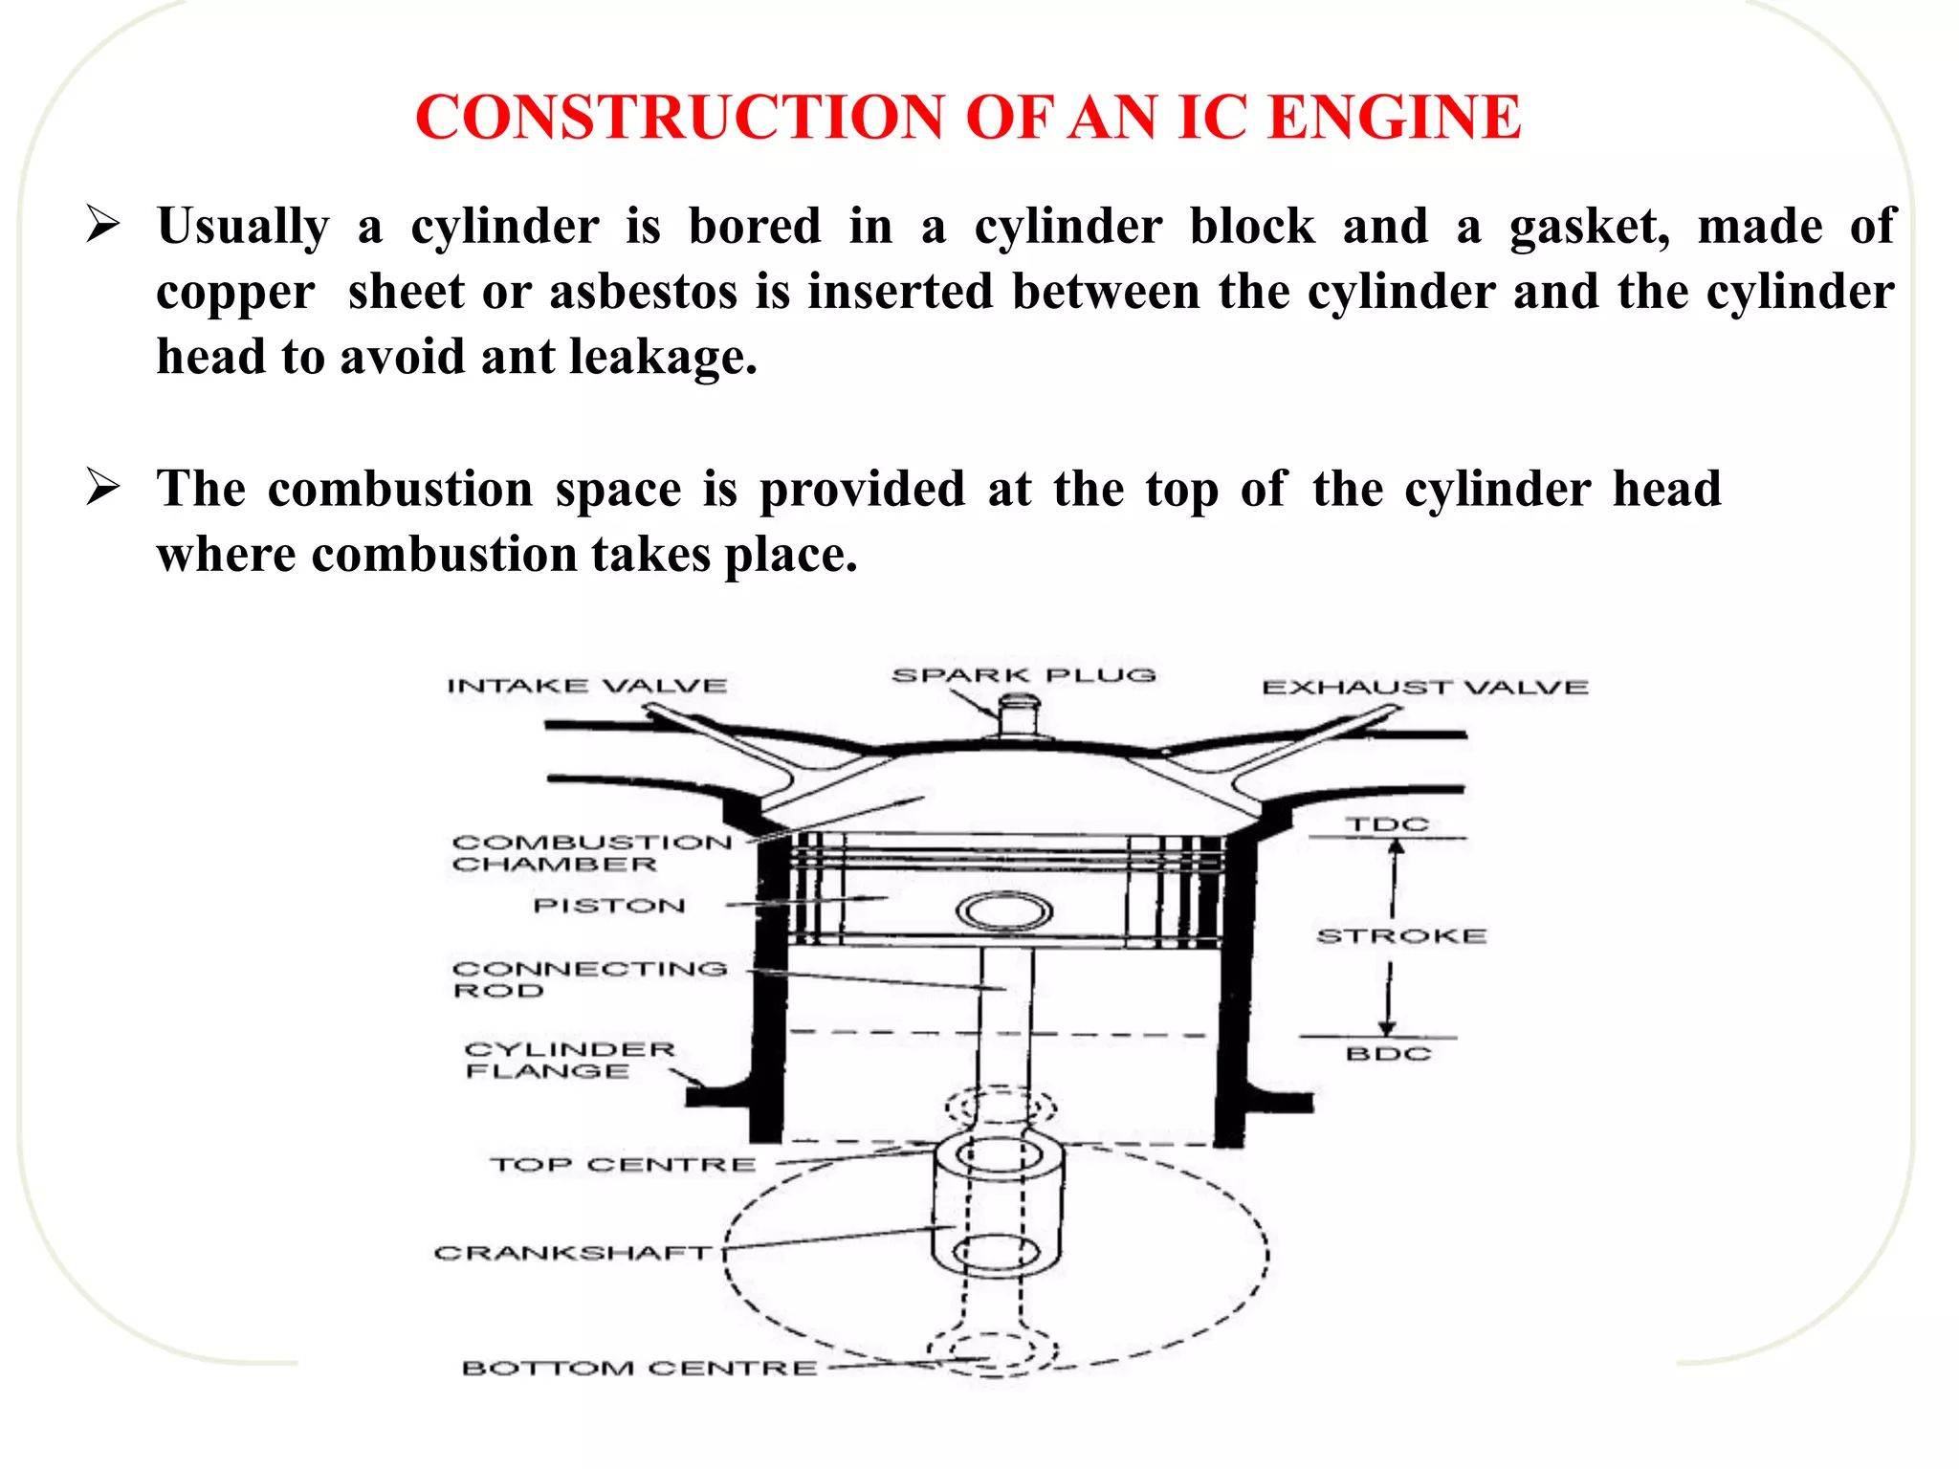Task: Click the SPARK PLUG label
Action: tap(1024, 675)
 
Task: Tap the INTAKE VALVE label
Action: tap(586, 686)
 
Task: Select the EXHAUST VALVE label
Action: tap(1424, 687)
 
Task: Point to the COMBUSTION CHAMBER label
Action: tap(591, 853)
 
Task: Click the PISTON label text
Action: tap(609, 906)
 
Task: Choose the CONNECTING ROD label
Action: tap(589, 979)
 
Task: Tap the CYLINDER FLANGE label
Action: tap(569, 1060)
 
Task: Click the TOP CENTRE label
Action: tap(623, 1165)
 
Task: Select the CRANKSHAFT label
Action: tap(573, 1253)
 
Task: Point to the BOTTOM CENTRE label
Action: tap(639, 1369)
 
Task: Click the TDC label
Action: tap(1387, 823)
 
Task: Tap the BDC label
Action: tap(1388, 1054)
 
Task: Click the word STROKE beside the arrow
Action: tap(1401, 936)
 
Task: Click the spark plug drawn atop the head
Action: tap(1019, 716)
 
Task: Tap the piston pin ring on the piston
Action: tap(1004, 911)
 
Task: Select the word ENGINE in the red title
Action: tap(1394, 118)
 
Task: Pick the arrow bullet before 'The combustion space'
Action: tap(102, 487)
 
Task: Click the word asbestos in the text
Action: tap(643, 292)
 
